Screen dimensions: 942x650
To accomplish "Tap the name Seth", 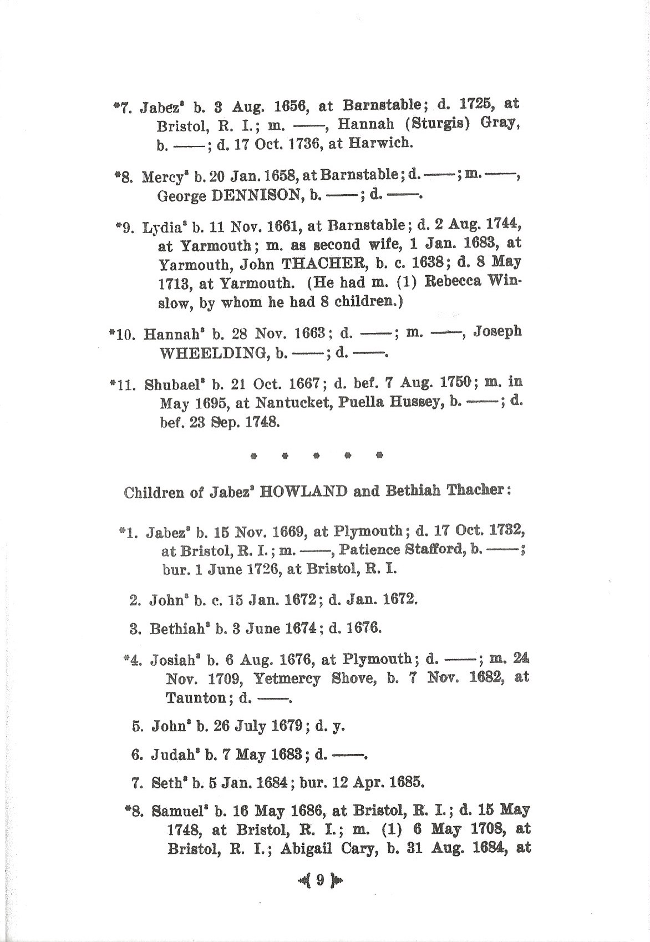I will [x=167, y=783].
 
